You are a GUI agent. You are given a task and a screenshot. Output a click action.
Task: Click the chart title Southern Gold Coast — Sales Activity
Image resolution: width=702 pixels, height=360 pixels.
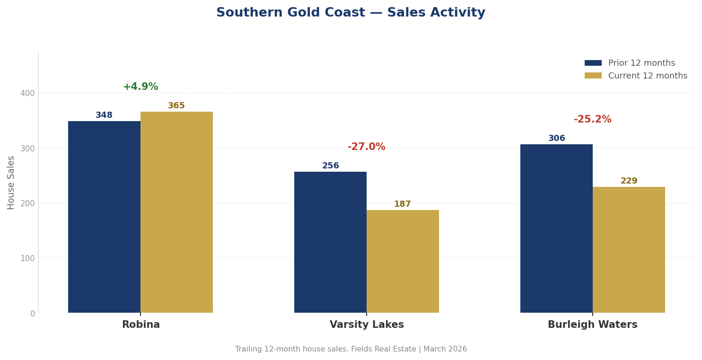pyautogui.click(x=351, y=13)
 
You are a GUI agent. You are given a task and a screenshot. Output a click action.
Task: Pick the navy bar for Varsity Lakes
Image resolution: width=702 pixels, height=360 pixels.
pyautogui.click(x=330, y=242)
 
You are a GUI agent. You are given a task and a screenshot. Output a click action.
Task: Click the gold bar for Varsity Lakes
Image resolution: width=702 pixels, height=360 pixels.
pyautogui.click(x=403, y=261)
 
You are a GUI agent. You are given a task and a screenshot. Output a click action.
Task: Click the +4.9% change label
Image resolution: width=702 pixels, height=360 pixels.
pyautogui.click(x=140, y=87)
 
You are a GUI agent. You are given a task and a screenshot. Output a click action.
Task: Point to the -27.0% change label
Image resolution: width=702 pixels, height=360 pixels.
pyautogui.click(x=367, y=147)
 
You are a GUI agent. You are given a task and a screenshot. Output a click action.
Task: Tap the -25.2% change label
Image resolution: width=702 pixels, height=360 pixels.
pyautogui.click(x=593, y=120)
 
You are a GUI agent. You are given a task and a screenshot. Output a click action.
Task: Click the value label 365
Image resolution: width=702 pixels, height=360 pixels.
pyautogui.click(x=176, y=106)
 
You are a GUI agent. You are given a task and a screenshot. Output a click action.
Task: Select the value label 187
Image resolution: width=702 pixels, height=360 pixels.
pyautogui.click(x=403, y=204)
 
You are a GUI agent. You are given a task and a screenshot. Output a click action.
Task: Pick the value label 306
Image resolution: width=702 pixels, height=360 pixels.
pyautogui.click(x=556, y=139)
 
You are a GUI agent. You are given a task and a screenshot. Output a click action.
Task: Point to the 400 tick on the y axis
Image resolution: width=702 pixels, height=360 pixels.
pyautogui.click(x=27, y=93)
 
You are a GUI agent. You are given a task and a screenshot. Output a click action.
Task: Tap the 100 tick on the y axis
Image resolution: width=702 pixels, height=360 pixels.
pyautogui.click(x=27, y=258)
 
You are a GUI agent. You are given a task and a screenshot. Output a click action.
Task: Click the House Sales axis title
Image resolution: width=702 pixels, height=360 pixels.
pyautogui.click(x=11, y=182)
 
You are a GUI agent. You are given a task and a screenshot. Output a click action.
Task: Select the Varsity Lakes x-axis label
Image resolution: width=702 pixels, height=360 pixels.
pyautogui.click(x=367, y=325)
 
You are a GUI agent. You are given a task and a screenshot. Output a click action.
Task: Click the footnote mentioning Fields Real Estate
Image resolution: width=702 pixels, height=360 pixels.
pyautogui.click(x=351, y=349)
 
